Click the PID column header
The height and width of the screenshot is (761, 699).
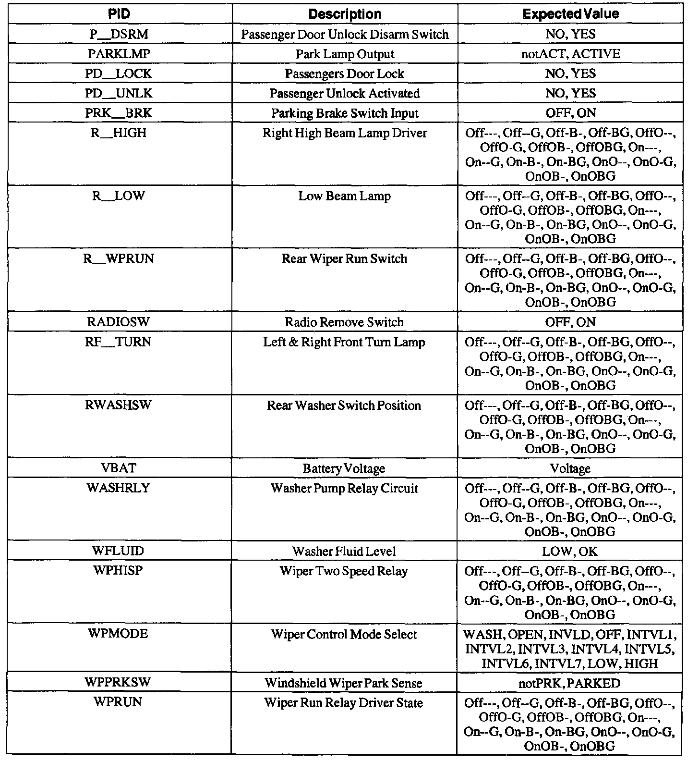(119, 14)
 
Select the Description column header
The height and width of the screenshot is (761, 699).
(345, 14)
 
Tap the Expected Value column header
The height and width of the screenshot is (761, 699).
(570, 14)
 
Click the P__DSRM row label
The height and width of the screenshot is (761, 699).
(119, 34)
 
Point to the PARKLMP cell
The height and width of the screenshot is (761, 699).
(119, 54)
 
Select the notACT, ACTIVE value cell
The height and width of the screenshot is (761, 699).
(570, 54)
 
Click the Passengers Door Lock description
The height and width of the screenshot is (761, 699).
(345, 74)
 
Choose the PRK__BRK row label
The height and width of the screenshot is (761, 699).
(119, 113)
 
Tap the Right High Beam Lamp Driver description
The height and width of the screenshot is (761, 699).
(345, 133)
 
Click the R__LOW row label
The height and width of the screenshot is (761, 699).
(119, 196)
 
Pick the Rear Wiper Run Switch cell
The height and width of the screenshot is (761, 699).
(345, 258)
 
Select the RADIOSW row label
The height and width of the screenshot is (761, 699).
(119, 322)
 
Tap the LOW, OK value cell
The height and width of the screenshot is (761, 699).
(570, 552)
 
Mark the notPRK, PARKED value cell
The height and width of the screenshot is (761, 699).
(570, 683)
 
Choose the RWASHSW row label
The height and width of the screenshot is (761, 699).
(119, 405)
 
